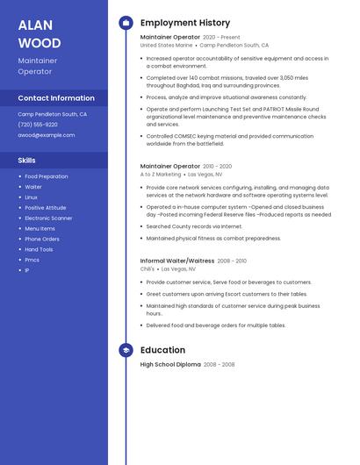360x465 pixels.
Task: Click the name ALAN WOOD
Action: click(40, 34)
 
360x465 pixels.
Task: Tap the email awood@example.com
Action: click(47, 135)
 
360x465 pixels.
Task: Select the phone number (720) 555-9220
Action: click(38, 125)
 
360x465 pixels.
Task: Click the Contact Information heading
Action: click(56, 98)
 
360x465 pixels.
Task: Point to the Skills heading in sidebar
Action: click(27, 161)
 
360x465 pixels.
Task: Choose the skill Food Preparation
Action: click(47, 176)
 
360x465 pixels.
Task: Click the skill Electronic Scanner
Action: click(48, 218)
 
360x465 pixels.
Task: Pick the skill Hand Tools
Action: click(39, 249)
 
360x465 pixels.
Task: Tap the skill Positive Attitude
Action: click(45, 207)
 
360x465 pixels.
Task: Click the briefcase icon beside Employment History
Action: click(126, 23)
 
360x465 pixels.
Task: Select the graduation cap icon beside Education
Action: click(126, 350)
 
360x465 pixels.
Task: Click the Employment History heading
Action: click(185, 23)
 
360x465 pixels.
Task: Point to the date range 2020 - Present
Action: click(221, 38)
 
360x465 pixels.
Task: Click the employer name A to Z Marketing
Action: click(161, 174)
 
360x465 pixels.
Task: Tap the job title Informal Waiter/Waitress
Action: click(177, 261)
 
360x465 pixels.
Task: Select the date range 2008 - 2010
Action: click(232, 261)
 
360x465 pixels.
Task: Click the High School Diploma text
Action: click(170, 364)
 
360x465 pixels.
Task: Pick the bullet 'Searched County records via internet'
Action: click(194, 226)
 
